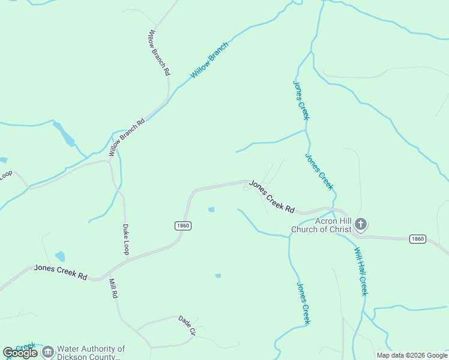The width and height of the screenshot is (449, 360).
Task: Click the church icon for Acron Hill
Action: point(360,225)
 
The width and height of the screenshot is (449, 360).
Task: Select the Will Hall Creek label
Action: point(360,271)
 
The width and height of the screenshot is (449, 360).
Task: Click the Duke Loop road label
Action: point(126,239)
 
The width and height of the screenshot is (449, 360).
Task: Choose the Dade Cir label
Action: point(187,325)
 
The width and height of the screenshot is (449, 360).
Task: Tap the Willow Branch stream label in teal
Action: point(209,60)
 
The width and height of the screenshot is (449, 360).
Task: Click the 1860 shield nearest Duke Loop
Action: point(183,226)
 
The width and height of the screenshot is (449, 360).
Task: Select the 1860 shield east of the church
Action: point(418,239)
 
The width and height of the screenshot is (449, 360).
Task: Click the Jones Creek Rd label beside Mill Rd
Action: point(61,272)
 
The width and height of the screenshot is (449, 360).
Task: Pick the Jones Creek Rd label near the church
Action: point(272,196)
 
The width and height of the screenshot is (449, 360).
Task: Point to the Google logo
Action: point(20,353)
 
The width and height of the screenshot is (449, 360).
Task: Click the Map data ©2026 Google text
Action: point(412,355)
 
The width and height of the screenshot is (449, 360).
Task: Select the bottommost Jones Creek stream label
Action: point(304,304)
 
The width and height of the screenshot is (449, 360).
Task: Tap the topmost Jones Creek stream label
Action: point(301,100)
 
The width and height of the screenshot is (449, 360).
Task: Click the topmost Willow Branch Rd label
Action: point(160,52)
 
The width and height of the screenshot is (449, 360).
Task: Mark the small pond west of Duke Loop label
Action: point(60,257)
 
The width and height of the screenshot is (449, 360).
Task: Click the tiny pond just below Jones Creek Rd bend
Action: point(211,209)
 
